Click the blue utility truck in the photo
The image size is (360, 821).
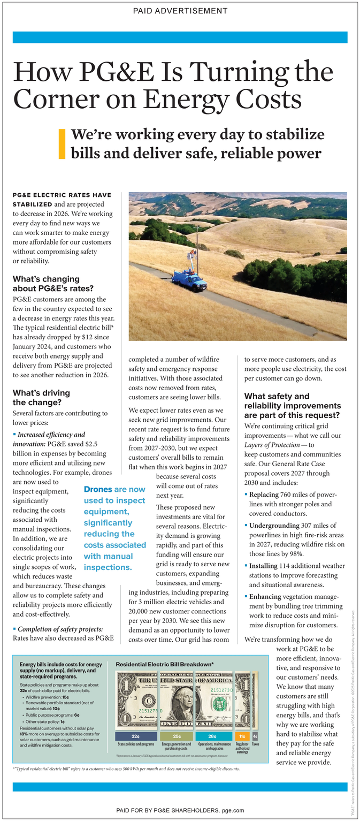pyautogui.click(x=189, y=279)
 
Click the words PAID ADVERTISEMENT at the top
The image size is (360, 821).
pyautogui.click(x=180, y=11)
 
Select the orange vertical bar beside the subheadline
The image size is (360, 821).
pyautogui.click(x=62, y=144)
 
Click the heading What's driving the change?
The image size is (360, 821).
pyautogui.click(x=41, y=397)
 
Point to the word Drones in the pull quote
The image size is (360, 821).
pyautogui.click(x=98, y=489)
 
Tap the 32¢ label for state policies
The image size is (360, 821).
pyautogui.click(x=135, y=736)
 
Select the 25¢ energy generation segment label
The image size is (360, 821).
pyautogui.click(x=176, y=736)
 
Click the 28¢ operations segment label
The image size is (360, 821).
pyautogui.click(x=212, y=736)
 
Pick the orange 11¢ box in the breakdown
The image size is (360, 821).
pyautogui.click(x=242, y=736)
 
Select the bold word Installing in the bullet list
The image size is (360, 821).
pyautogui.click(x=263, y=566)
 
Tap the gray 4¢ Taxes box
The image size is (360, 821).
pyautogui.click(x=255, y=736)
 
